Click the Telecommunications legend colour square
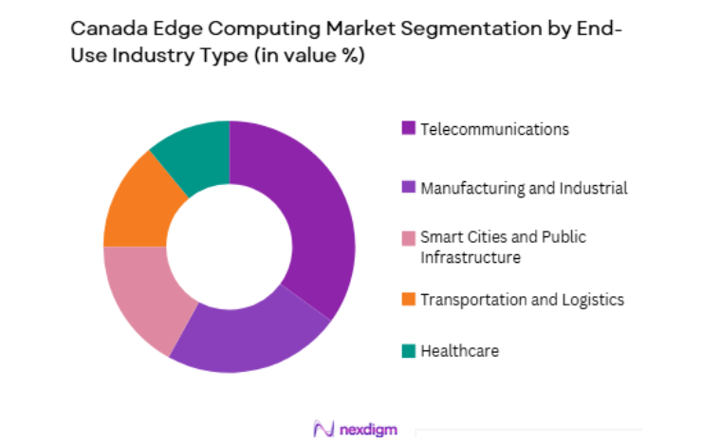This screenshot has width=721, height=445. [409, 129]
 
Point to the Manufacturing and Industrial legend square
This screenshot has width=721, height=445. [409, 188]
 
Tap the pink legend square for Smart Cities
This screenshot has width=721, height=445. [409, 237]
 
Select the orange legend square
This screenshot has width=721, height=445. [409, 300]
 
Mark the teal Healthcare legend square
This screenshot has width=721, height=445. [409, 351]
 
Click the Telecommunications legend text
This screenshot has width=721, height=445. [494, 129]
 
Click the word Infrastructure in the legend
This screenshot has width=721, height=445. [471, 257]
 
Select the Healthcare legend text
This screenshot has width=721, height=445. [459, 351]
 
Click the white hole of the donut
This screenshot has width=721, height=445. [229, 247]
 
